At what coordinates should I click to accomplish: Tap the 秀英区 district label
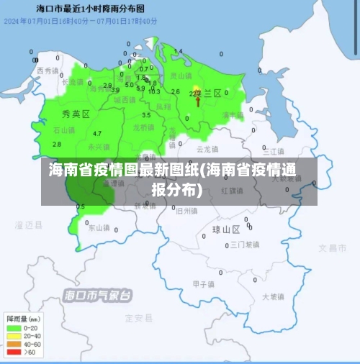[x=76, y=114]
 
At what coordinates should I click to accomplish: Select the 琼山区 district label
[x=225, y=230]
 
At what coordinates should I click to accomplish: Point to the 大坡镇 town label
[x=274, y=296]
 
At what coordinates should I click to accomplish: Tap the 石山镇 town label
[x=65, y=130]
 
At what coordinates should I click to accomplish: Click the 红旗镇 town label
[x=233, y=191]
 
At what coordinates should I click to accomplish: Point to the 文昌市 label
[x=332, y=248]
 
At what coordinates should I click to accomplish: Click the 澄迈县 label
[x=29, y=225]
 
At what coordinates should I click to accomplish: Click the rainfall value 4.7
[x=97, y=134]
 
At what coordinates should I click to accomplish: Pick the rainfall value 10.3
[x=154, y=91]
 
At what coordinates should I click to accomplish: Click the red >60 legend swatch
[x=14, y=352]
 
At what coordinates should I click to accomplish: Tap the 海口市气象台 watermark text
[x=98, y=295]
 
